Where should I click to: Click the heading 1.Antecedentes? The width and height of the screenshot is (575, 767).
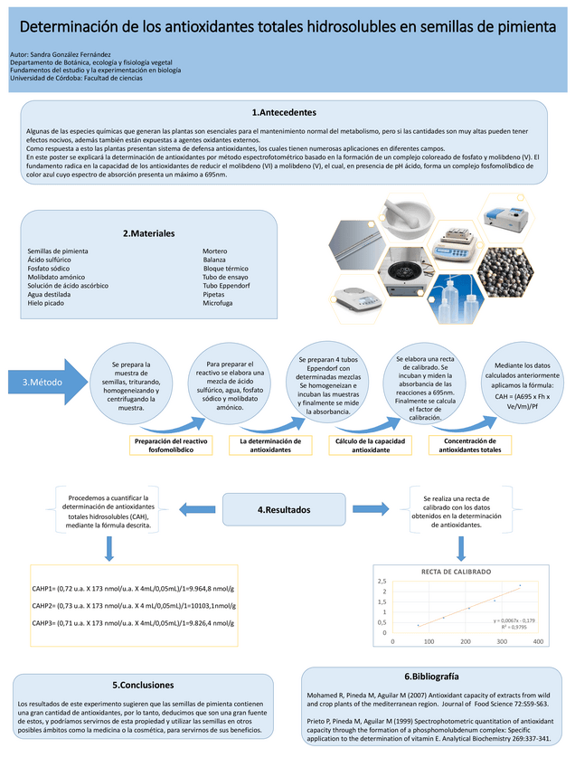coord(284,112)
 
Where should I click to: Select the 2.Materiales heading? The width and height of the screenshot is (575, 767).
coord(148,233)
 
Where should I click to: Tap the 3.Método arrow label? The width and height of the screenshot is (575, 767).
coord(42,383)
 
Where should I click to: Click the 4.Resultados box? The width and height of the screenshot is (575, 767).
coord(284,510)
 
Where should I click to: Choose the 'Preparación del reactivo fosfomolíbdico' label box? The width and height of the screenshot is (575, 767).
coord(171,445)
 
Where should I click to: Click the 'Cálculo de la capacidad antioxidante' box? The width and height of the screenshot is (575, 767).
coord(370,445)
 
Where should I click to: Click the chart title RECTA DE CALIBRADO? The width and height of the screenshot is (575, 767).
coord(457,573)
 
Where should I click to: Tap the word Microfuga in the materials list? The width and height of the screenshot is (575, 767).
coord(218,303)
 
